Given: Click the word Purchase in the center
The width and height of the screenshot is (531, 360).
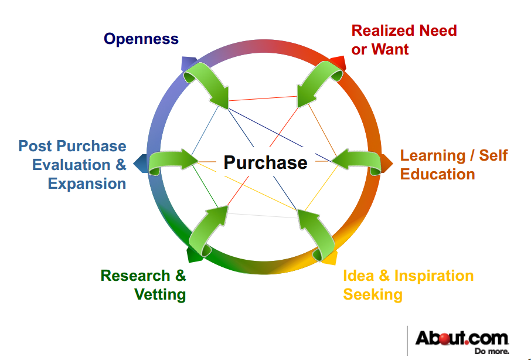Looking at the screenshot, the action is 265,162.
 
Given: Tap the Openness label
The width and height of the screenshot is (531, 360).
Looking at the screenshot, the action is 141,39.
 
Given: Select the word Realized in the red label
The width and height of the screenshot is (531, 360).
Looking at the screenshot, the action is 383,31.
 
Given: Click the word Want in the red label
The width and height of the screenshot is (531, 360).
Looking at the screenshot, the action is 390,49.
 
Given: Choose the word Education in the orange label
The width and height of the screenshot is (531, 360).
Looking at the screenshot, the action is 438,174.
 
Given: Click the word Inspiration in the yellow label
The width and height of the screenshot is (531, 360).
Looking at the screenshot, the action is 434,276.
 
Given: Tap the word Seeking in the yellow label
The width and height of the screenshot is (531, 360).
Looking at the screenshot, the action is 373,295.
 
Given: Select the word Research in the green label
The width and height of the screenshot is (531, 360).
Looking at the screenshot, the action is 135,276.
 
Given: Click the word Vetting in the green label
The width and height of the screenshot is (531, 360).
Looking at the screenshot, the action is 160,295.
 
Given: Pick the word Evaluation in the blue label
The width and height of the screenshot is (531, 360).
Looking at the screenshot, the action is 71,165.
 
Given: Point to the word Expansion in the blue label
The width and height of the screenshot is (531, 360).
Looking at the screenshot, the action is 87,184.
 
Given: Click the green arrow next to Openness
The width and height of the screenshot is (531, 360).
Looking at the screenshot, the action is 206,84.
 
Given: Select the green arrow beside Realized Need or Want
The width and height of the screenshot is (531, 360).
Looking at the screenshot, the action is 319,84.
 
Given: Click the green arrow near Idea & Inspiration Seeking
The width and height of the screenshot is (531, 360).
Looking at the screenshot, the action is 316,235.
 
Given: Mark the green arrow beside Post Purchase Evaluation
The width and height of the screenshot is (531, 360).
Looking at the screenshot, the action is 173,161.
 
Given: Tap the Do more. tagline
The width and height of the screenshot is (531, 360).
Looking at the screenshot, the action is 492,351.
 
